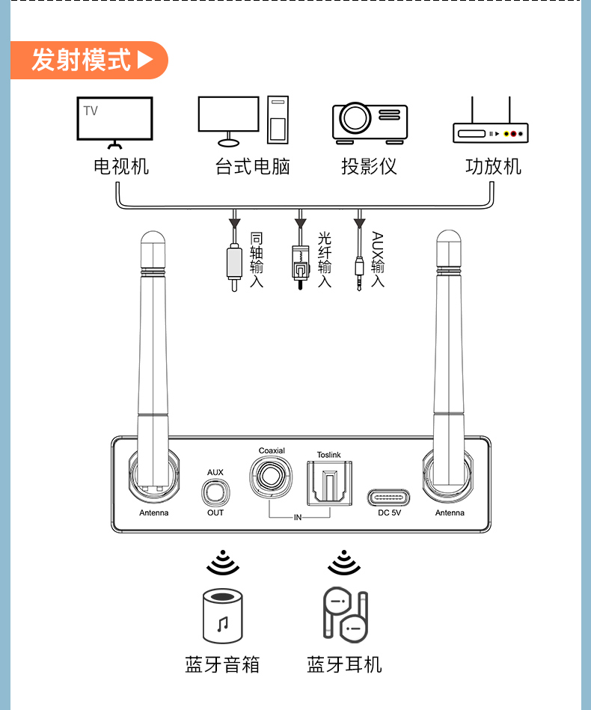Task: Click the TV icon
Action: coord(115,120)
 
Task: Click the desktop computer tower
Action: coord(278,120)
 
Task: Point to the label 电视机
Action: coord(121,166)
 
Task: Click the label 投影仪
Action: coord(369,166)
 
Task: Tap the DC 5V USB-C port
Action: coord(389,497)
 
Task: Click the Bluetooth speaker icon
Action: coord(222,615)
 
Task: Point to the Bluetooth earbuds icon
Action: coord(345,613)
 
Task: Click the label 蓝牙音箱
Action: coord(222,664)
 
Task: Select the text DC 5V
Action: coord(389,513)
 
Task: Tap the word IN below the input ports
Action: coord(298,517)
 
